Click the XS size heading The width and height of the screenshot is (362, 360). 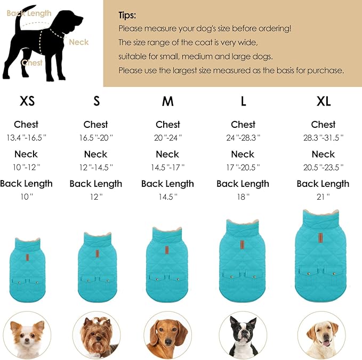point(27,101)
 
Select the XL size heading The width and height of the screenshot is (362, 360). point(323,101)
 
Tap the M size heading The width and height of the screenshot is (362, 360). point(167,101)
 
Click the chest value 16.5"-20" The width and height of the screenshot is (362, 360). point(95,137)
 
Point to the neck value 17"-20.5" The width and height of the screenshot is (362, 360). point(243,167)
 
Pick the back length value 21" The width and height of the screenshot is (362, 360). point(323,197)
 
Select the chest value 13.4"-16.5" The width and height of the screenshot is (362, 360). point(26,137)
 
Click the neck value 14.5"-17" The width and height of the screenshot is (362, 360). point(167,167)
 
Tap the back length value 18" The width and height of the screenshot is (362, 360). point(243,197)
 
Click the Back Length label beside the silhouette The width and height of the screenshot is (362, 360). point(29,13)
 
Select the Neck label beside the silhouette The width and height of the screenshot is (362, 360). point(79,42)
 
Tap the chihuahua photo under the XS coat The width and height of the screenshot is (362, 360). point(27,336)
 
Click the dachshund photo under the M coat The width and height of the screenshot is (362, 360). point(167,336)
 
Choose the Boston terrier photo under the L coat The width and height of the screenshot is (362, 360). point(243,336)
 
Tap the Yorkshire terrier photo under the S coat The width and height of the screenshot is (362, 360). point(96,336)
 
